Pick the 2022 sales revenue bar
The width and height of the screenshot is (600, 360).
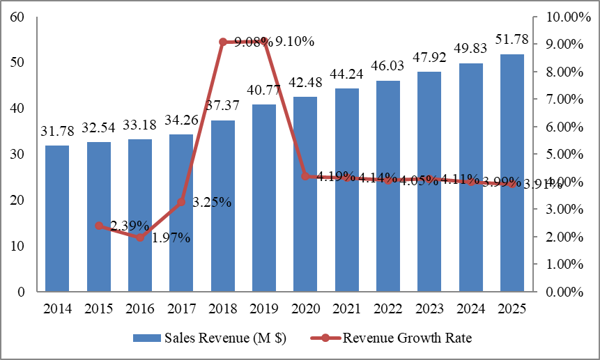tap(388, 186)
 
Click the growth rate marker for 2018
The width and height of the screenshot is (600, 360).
tap(223, 42)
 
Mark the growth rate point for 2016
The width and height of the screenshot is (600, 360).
tap(140, 237)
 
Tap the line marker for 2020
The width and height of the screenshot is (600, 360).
tap(305, 176)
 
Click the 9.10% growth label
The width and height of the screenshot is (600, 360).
tap(295, 42)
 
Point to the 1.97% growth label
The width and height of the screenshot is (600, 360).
tap(171, 238)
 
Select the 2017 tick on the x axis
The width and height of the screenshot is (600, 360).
tap(181, 307)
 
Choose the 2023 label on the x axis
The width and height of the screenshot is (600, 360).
tap(429, 307)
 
